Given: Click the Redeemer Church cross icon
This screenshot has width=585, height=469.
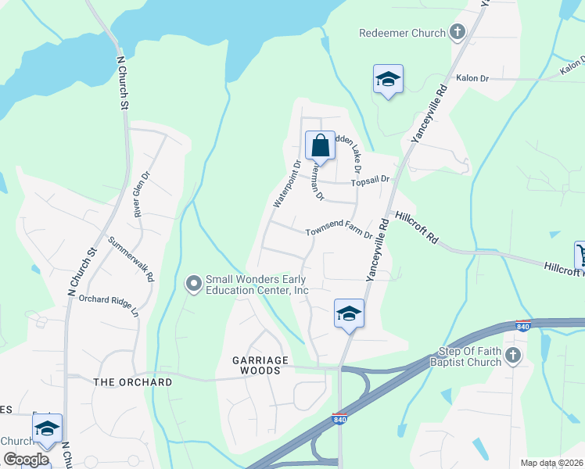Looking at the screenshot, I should coord(458,33).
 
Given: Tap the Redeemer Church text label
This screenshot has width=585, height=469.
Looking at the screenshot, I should coord(402,33).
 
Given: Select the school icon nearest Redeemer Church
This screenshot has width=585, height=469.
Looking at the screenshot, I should coord(388,79).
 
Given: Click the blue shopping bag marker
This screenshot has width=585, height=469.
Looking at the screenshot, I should coord(320,145).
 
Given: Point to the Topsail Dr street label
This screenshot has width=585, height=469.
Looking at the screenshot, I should coord(370,181).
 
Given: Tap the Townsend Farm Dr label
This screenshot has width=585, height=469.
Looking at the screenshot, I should coord(338,232).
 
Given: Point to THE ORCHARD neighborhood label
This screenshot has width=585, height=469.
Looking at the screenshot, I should coord(132,382).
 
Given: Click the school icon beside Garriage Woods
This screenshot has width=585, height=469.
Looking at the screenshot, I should coord(349,313).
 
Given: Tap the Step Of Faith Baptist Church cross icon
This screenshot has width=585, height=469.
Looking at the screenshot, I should coord(512,356).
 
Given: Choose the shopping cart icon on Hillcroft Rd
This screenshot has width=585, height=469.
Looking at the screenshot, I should coord(580,253).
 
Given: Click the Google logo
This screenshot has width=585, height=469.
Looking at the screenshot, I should coord(26,460).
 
